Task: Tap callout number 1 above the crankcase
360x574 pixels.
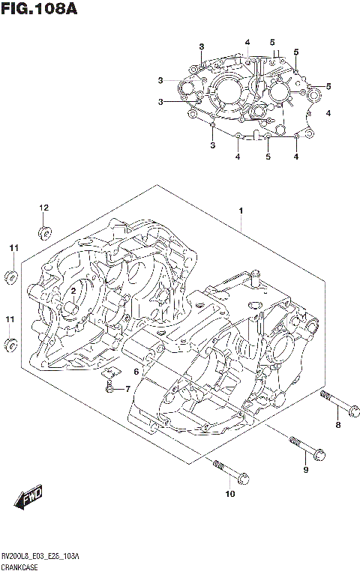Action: click(x=241, y=211)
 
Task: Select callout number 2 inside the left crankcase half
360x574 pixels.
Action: click(x=73, y=290)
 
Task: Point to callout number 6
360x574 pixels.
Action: click(x=136, y=372)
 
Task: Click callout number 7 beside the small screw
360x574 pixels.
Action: click(x=127, y=388)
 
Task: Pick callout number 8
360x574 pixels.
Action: click(x=337, y=426)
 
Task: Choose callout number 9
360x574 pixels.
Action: click(x=305, y=469)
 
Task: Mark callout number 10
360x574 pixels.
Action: click(x=230, y=493)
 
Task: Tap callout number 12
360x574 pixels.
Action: click(x=43, y=208)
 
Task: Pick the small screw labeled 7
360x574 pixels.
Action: click(x=109, y=388)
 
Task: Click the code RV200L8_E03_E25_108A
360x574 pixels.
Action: click(x=40, y=559)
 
